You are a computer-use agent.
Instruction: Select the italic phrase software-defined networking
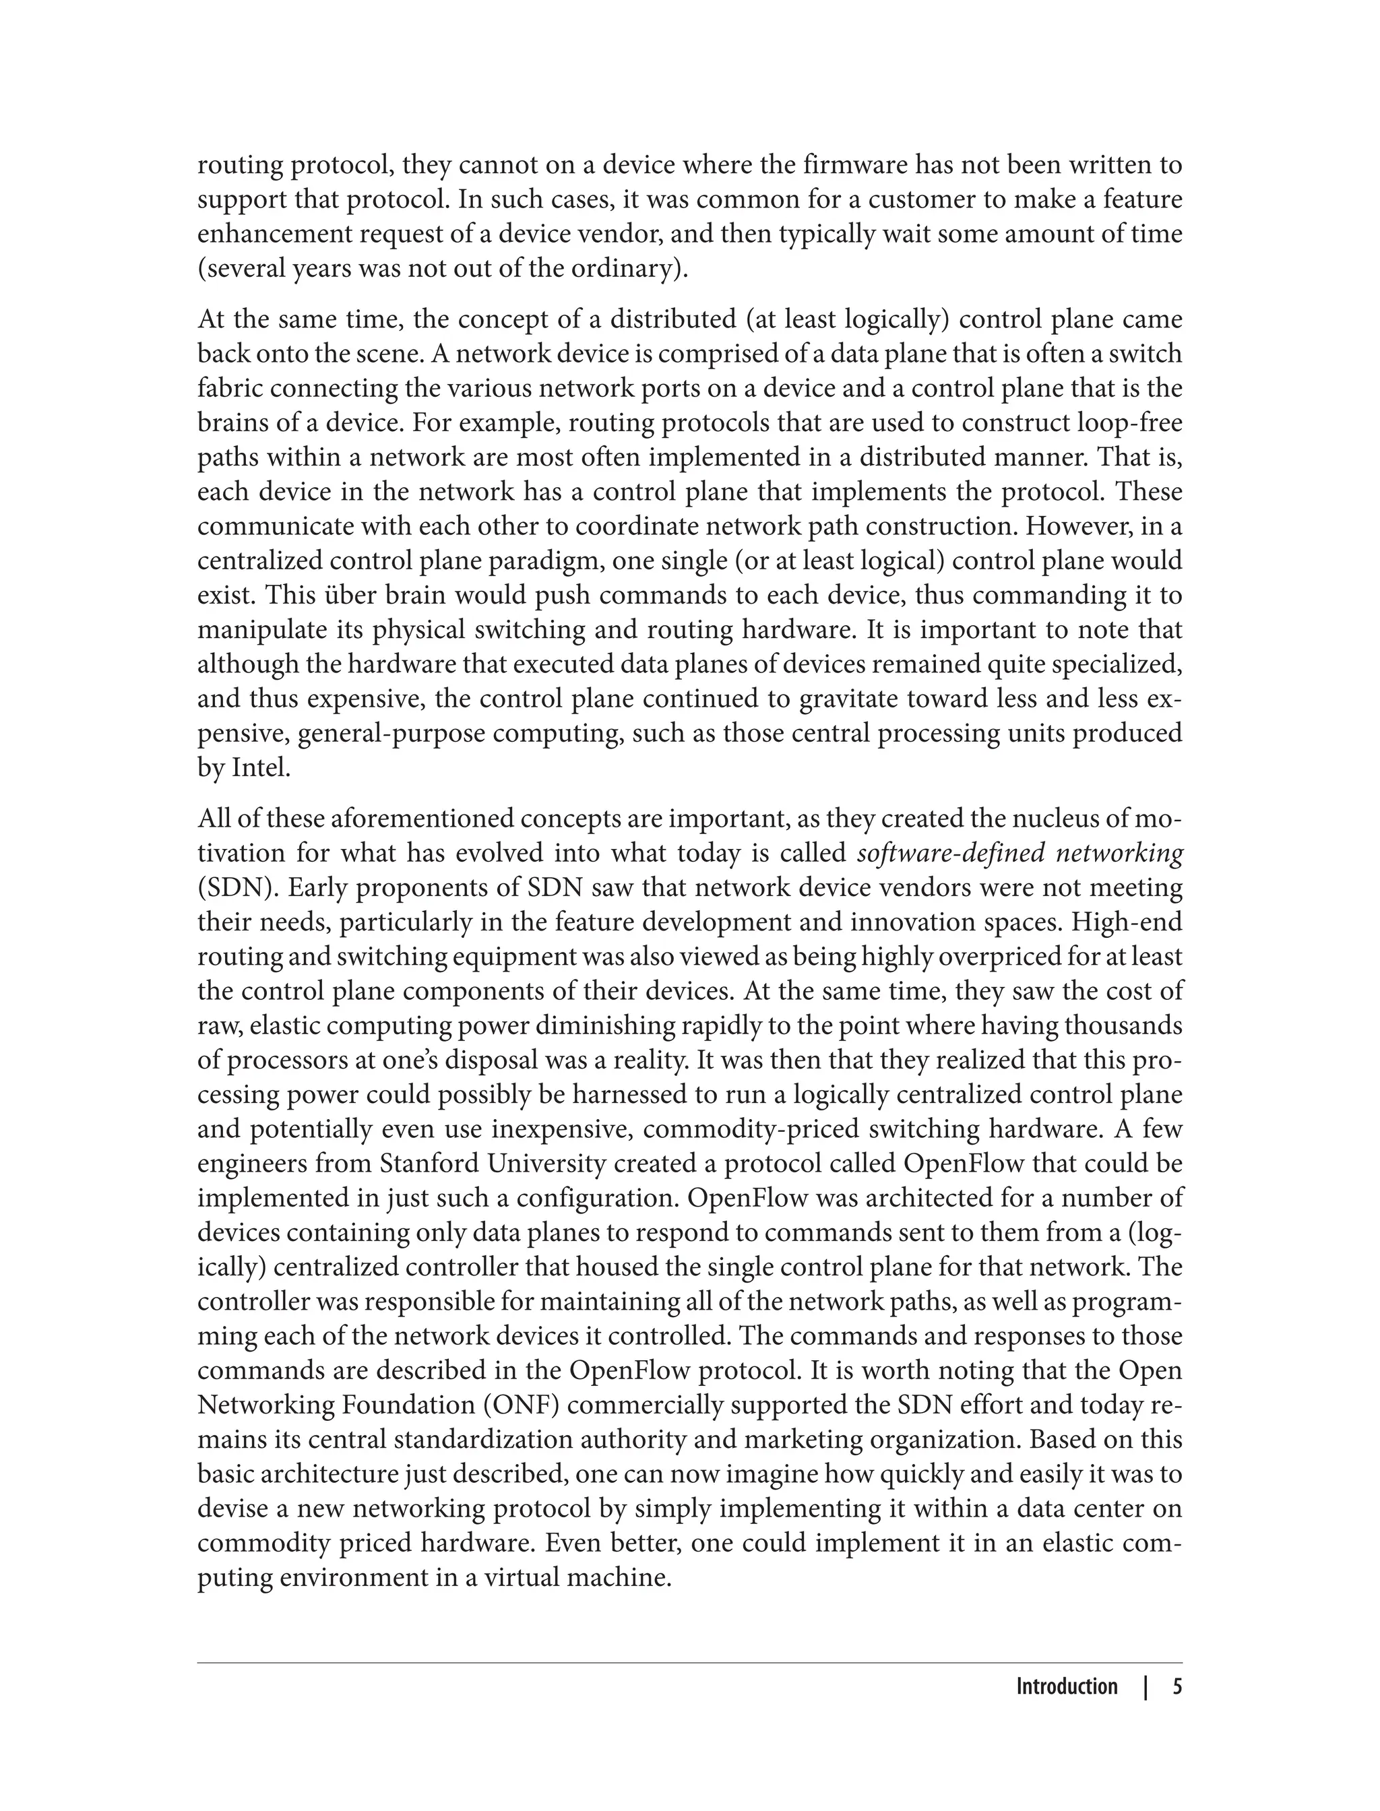click(1020, 854)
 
